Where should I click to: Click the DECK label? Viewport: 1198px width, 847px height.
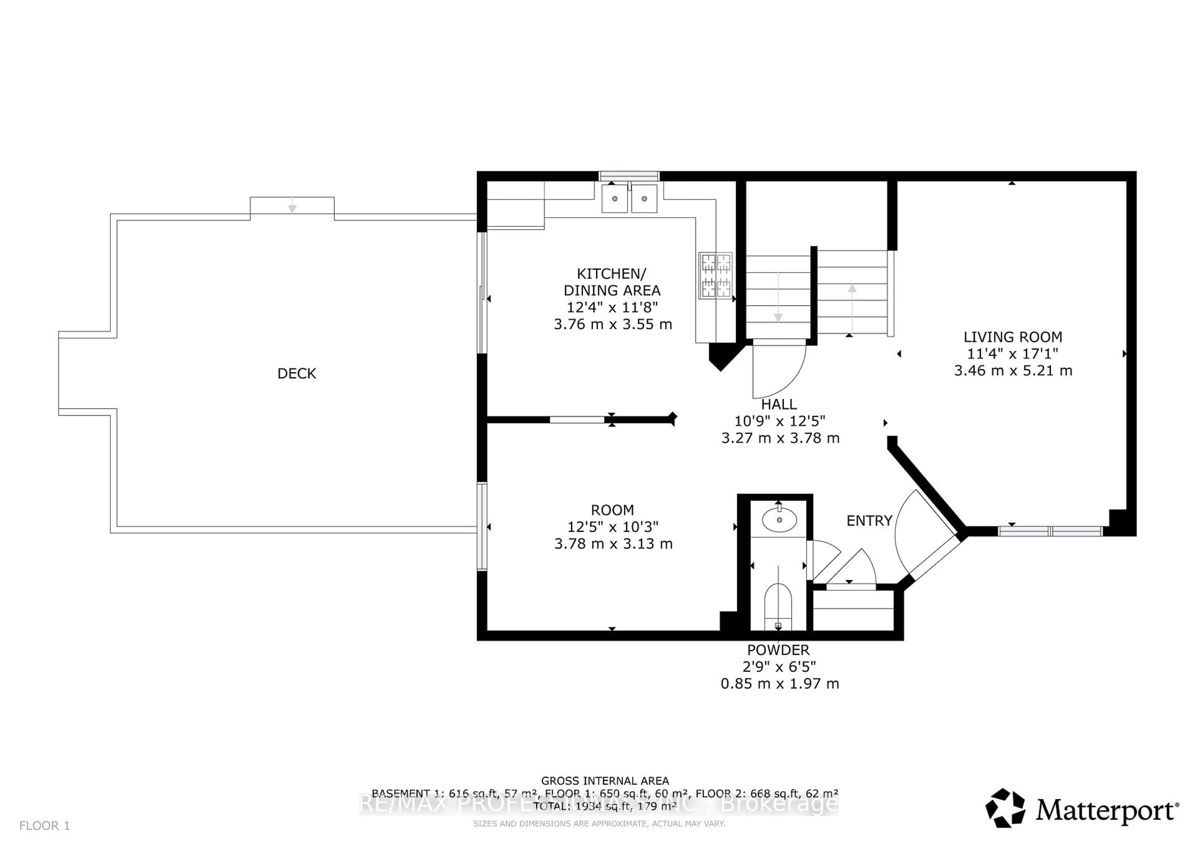(x=296, y=373)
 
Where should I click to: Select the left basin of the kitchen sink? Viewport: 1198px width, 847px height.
(x=615, y=199)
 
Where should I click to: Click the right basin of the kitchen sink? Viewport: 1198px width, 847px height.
(x=645, y=199)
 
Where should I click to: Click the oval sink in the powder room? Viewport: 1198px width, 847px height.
(x=779, y=520)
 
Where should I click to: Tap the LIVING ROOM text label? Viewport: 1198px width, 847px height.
(x=1012, y=337)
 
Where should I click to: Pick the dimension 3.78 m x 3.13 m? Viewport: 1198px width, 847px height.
(x=613, y=544)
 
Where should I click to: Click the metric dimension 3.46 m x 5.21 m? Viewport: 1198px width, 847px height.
(x=1013, y=370)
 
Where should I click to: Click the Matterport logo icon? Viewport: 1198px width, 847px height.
(x=1005, y=808)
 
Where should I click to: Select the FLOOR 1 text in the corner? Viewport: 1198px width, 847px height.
(x=44, y=825)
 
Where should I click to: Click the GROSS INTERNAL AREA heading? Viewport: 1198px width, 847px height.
(x=605, y=781)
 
